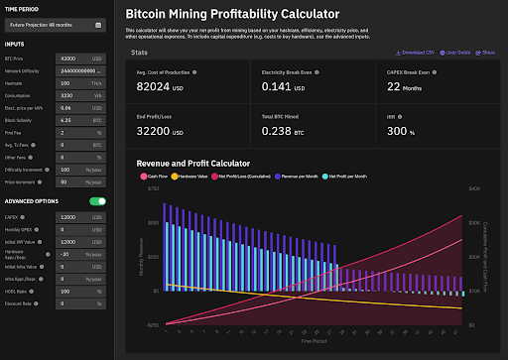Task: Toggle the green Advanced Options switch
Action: (x=97, y=200)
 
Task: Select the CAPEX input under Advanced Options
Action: (x=73, y=216)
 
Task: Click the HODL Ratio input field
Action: (x=73, y=291)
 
